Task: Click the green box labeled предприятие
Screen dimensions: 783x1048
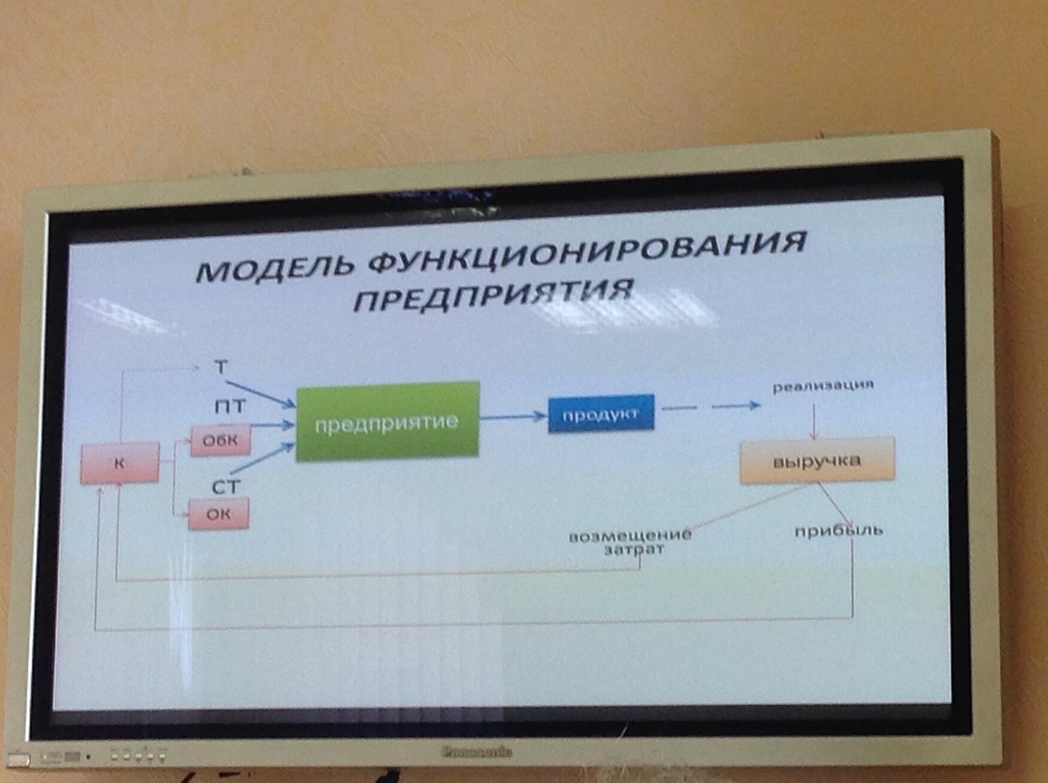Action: click(x=386, y=421)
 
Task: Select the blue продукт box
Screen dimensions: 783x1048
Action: click(x=603, y=414)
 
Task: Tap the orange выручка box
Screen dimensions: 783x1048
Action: click(x=816, y=461)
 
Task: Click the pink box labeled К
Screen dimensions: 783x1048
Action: click(x=120, y=464)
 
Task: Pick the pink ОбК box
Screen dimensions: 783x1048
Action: click(x=220, y=441)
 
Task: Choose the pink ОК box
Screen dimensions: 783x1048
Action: click(x=219, y=514)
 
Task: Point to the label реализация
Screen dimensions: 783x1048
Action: click(x=823, y=385)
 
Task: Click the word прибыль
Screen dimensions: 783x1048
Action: click(x=838, y=530)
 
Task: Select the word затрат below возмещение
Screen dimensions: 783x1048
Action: click(x=634, y=550)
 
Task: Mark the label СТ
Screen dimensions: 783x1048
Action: click(x=226, y=487)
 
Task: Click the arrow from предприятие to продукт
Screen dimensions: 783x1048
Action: click(x=513, y=418)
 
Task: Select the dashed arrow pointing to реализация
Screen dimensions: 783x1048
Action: click(x=712, y=406)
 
